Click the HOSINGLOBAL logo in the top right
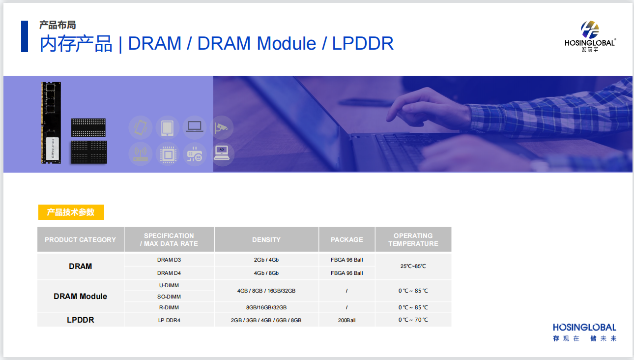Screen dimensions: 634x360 590,36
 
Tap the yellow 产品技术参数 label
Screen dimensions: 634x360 71,212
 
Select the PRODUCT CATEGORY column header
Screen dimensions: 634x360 81,240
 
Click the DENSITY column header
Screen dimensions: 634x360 266,240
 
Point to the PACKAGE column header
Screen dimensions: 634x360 346,240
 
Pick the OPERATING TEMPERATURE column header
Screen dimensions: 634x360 413,240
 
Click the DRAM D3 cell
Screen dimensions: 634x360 169,260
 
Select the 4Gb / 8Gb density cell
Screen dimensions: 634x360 266,273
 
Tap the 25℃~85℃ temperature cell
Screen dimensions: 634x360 413,266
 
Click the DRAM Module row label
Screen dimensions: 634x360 81,296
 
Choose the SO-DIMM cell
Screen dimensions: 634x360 169,297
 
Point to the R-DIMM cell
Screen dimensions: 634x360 169,307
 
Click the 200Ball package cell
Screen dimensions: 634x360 346,320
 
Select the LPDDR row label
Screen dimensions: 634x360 81,320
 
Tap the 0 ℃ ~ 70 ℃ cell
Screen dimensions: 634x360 413,320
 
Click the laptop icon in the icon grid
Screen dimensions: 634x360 195,127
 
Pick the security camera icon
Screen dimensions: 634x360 221,127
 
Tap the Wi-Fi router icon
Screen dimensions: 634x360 141,154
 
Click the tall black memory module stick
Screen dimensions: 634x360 51,122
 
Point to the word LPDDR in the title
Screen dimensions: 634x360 363,43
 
